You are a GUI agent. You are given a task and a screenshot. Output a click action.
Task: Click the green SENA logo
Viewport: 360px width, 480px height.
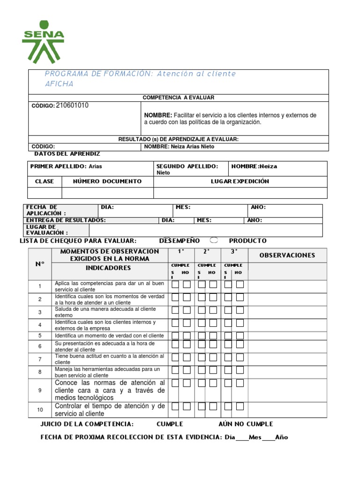tap(43, 42)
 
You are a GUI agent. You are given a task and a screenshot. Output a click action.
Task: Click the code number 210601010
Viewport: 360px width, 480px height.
tap(72, 105)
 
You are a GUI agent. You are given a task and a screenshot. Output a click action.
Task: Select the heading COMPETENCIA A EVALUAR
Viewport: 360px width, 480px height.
tap(178, 97)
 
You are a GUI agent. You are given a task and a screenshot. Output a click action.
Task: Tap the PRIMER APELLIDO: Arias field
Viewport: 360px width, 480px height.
tap(66, 166)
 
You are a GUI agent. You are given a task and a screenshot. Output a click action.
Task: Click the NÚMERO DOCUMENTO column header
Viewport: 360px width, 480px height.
tap(107, 181)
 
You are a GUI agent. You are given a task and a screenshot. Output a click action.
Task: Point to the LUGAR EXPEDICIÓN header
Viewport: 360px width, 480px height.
tap(240, 181)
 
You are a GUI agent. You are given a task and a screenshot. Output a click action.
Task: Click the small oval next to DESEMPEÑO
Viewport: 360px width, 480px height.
tap(214, 240)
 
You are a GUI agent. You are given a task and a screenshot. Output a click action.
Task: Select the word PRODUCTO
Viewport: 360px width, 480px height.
tap(247, 240)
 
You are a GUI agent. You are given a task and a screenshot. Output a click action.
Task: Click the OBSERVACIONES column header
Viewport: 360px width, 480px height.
tap(287, 255)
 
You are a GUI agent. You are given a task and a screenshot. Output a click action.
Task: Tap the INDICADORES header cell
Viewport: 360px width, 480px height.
tap(108, 268)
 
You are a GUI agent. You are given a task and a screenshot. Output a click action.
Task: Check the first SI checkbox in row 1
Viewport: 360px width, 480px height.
tap(175, 285)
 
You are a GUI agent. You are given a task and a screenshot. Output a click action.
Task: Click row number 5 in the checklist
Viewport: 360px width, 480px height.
tap(40, 336)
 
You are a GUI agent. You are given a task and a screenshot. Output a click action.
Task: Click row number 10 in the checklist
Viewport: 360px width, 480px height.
tap(40, 410)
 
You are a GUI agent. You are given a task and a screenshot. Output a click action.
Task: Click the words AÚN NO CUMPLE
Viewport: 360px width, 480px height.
tap(246, 424)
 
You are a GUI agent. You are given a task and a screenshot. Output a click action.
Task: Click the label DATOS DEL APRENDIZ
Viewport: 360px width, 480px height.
tap(67, 154)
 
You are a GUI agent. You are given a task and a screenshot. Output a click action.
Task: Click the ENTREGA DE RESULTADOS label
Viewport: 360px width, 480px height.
tap(66, 220)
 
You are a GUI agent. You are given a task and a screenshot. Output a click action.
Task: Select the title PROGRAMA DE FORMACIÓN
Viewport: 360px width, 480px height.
tap(98, 74)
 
